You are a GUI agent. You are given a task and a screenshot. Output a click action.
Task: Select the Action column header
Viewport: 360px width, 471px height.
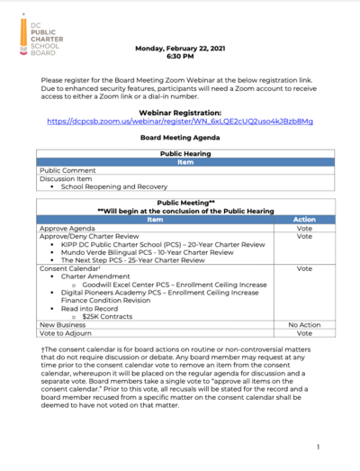tap(304, 219)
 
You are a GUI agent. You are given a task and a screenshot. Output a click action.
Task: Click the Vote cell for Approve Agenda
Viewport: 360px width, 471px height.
tap(304, 228)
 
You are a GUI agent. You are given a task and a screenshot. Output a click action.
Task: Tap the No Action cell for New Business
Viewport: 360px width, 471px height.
tap(304, 324)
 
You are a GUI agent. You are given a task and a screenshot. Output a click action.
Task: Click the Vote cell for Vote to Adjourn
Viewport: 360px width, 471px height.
tap(304, 333)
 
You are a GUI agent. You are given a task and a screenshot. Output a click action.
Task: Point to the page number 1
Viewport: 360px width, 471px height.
tap(319, 447)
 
